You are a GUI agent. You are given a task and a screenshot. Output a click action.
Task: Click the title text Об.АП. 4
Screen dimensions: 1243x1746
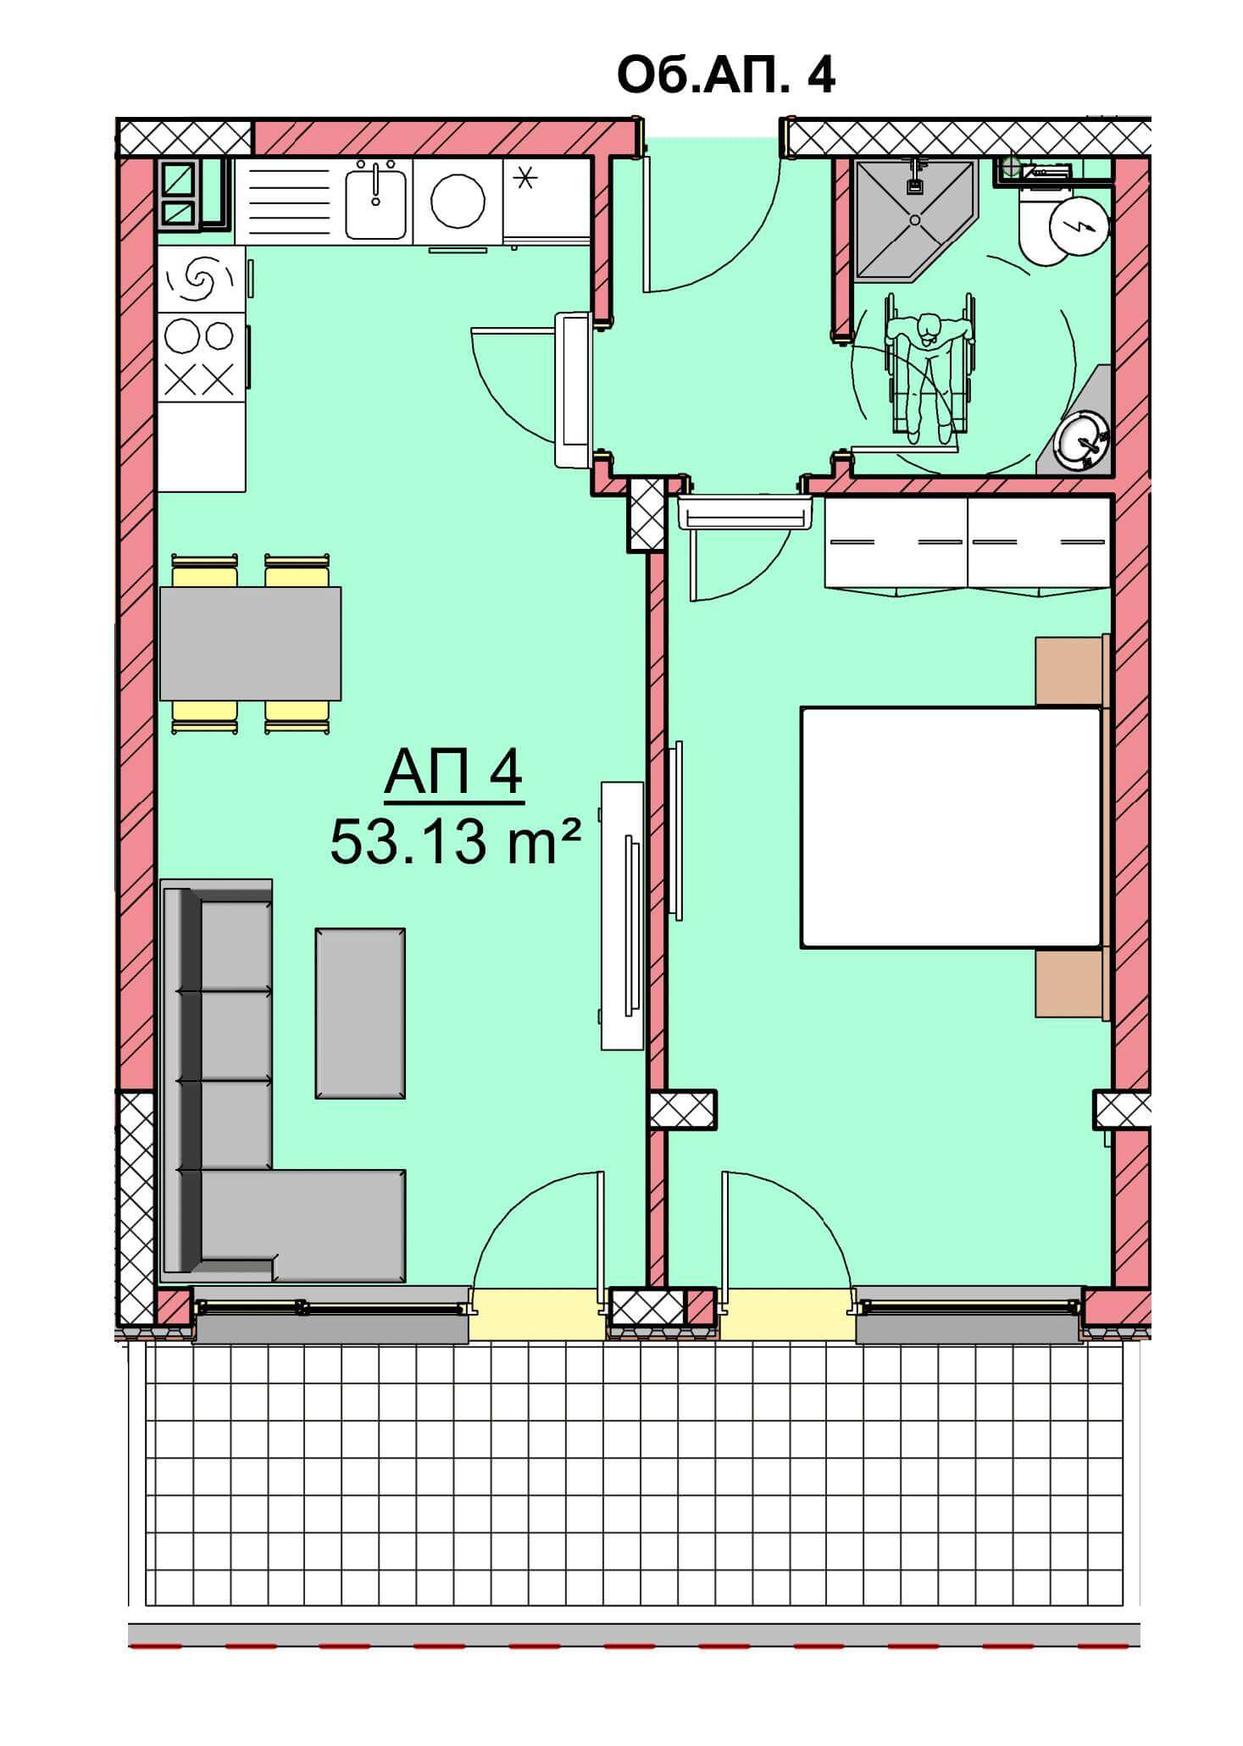[x=726, y=75]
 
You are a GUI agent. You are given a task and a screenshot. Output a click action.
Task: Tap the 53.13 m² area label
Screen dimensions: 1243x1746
[x=456, y=842]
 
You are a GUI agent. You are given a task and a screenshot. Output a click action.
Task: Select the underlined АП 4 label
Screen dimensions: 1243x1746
[x=454, y=773]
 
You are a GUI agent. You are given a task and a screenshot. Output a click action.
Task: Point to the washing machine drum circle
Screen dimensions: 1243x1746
[x=458, y=202]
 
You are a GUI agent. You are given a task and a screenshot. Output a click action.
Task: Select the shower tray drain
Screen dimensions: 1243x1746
[x=915, y=219]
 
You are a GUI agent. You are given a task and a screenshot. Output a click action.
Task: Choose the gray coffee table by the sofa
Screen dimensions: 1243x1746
[x=360, y=1012]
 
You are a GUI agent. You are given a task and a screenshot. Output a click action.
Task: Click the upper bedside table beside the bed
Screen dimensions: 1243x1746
[x=1071, y=669]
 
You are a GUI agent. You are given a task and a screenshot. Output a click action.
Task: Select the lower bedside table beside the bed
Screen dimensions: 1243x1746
[x=1071, y=983]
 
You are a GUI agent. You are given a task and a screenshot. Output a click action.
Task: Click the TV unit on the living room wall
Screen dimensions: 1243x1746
[x=623, y=915]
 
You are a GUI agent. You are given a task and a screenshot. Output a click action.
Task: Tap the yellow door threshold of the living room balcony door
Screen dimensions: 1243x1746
[x=538, y=1313]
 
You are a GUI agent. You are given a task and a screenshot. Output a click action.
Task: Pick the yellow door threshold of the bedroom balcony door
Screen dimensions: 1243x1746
[x=786, y=1313]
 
